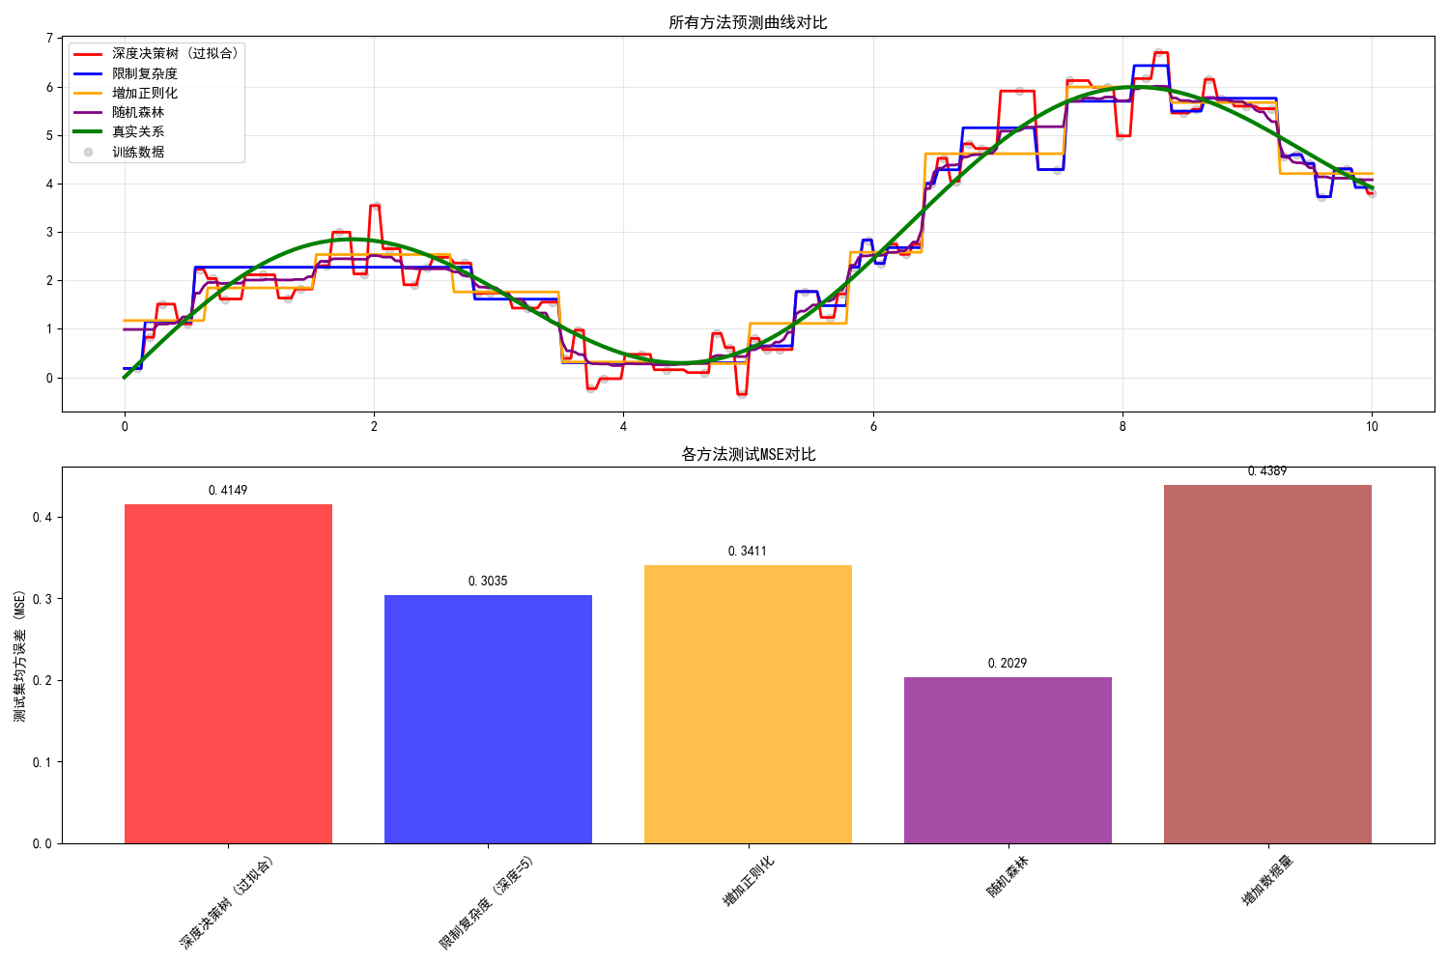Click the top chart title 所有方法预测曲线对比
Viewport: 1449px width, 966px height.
(748, 22)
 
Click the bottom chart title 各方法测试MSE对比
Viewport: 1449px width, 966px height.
(748, 454)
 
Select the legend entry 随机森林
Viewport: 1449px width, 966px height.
(138, 112)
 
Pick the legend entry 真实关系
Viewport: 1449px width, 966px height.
(138, 131)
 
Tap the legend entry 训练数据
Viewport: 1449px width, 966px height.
(138, 152)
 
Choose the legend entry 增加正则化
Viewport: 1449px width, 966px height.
(145, 93)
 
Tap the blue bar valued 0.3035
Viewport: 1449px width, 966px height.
(488, 719)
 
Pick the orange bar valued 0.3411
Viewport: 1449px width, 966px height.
(748, 704)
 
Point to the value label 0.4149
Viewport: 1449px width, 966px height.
(228, 491)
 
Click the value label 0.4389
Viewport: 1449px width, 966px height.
(1267, 471)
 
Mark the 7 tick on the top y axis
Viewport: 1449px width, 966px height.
(49, 39)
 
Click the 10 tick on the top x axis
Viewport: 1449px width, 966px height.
(1372, 426)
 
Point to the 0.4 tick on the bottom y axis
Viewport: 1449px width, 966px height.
(43, 518)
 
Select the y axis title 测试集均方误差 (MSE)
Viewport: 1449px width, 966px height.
(20, 656)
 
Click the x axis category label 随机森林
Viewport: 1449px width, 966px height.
(1007, 877)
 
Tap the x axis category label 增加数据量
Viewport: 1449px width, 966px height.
(1266, 880)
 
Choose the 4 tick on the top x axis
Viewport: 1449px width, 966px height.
(623, 426)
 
